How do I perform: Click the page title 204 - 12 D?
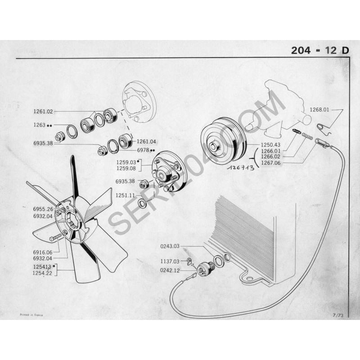(x=320, y=50)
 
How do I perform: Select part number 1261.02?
(x=43, y=112)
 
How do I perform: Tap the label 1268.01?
(x=319, y=109)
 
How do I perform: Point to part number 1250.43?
(x=270, y=145)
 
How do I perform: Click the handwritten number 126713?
(x=241, y=168)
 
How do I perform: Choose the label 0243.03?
(x=170, y=246)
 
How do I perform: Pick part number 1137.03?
(x=170, y=261)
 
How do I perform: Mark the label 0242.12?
(x=170, y=270)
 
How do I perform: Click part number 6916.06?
(x=43, y=252)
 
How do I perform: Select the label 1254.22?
(x=42, y=273)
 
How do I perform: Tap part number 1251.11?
(x=125, y=195)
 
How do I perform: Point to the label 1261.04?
(x=146, y=142)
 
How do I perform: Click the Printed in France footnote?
(x=31, y=315)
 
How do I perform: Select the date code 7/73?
(x=338, y=315)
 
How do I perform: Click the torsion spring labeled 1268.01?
(x=323, y=129)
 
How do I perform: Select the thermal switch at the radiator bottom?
(x=204, y=269)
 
